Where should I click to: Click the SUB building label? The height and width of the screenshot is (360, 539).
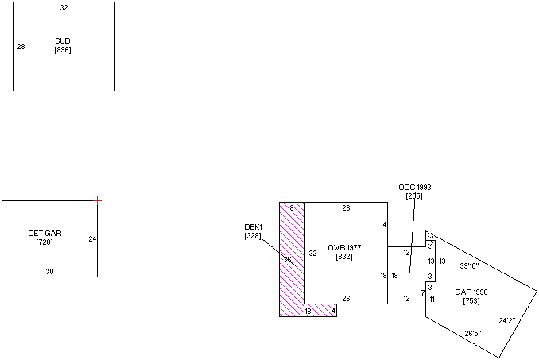point(63,41)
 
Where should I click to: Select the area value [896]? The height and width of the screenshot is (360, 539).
point(63,50)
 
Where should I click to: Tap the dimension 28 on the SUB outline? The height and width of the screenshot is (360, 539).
point(21,47)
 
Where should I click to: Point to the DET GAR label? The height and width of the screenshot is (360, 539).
point(45,233)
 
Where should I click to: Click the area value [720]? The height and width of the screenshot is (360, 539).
point(45,242)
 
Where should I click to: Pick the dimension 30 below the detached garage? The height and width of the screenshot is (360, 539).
point(49,271)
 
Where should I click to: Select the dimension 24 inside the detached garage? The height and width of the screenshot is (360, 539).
point(92,238)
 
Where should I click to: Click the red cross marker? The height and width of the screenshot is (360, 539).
point(98,200)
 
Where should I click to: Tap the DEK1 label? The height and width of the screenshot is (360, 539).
point(253,227)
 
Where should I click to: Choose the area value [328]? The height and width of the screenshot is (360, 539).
point(253,236)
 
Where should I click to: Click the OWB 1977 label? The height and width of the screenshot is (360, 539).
point(344,248)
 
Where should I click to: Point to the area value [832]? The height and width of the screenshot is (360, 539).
point(344,257)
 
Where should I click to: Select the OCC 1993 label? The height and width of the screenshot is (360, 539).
point(414,188)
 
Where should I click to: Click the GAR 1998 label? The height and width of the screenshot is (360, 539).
point(471,292)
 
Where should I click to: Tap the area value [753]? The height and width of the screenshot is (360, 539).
point(471,301)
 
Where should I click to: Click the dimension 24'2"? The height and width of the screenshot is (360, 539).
point(507,321)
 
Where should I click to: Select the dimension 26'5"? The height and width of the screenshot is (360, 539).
point(473,333)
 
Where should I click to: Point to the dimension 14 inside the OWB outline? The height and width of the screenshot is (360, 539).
point(383,225)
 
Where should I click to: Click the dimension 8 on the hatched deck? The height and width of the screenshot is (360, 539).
point(292,208)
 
